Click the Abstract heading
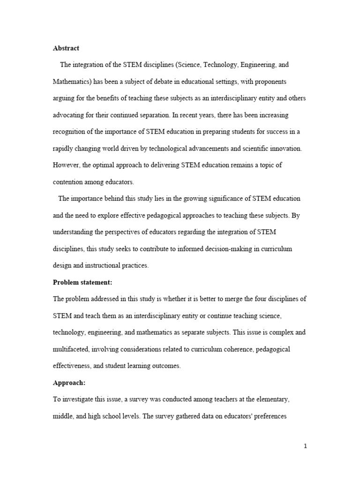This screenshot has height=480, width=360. [66, 48]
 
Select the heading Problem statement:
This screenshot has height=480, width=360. [82, 282]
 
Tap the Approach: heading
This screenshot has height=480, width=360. [69, 382]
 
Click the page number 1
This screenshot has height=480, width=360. [305, 446]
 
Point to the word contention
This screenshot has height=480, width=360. [69, 182]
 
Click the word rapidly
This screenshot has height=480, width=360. [64, 149]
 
